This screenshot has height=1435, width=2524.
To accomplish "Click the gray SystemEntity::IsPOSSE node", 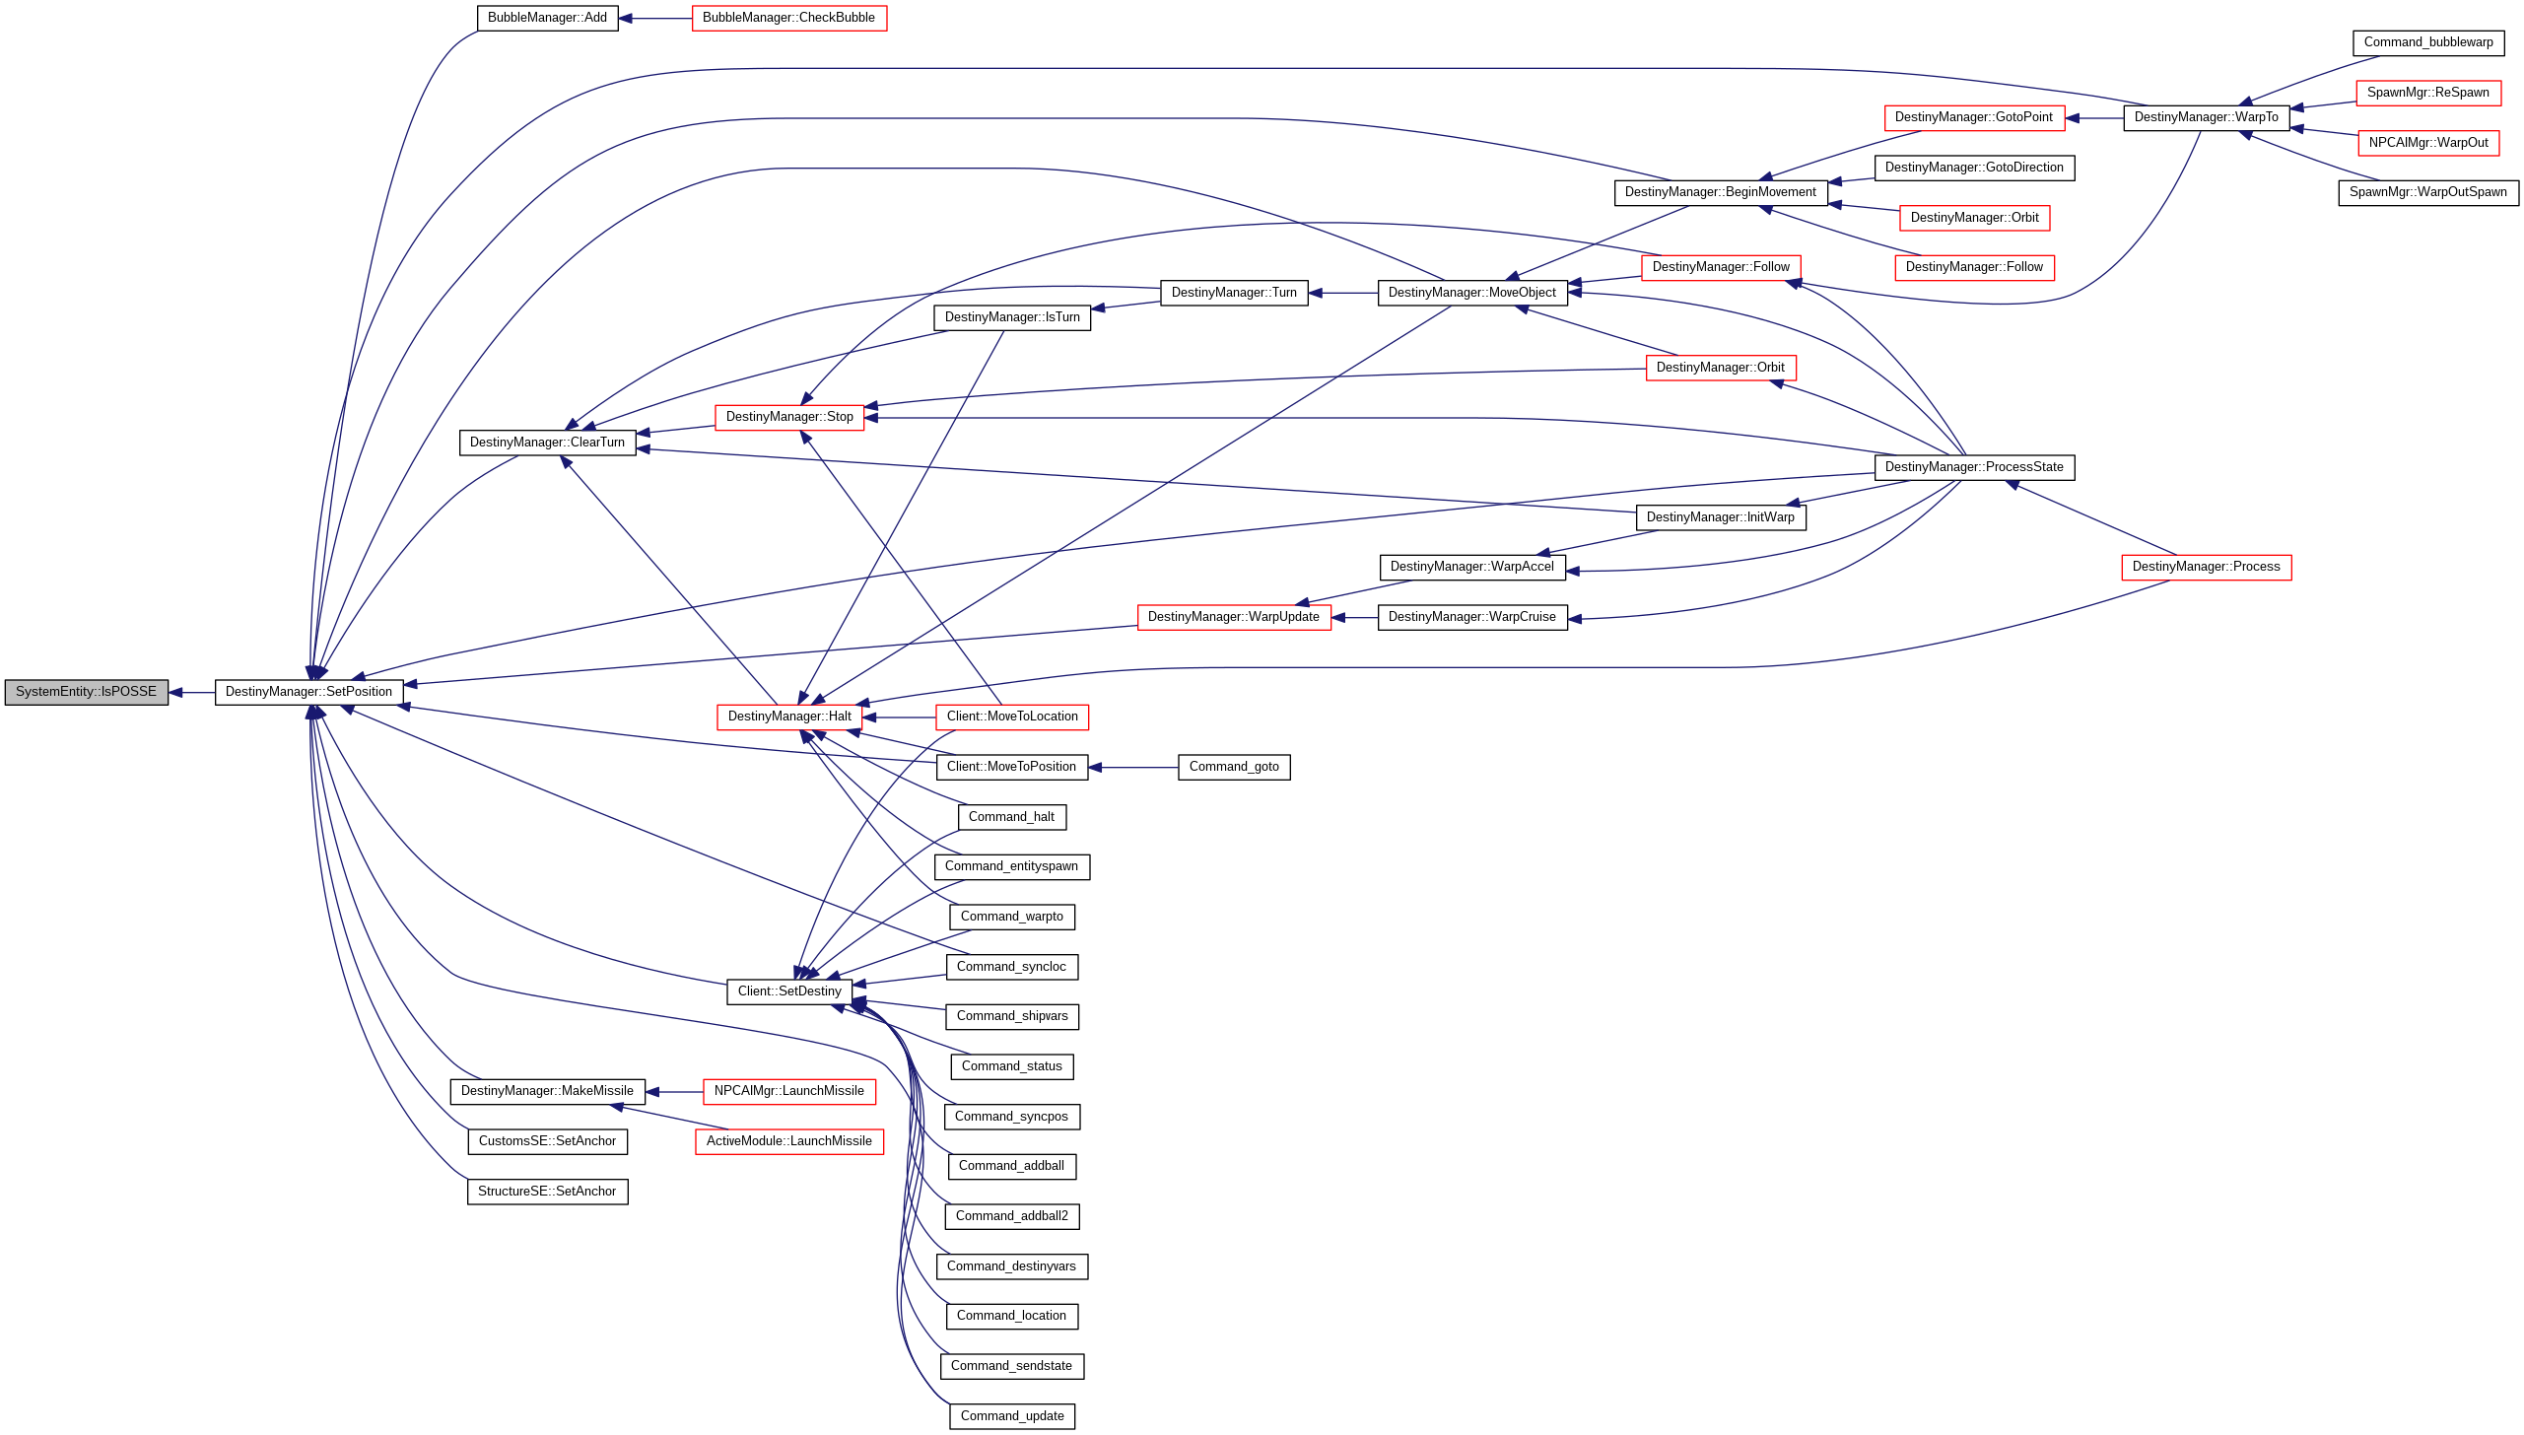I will (87, 692).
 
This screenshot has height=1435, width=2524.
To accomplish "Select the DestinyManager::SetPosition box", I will (308, 692).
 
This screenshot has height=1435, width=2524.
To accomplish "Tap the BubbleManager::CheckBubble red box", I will (788, 18).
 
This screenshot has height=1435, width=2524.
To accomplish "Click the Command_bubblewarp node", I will (2427, 42).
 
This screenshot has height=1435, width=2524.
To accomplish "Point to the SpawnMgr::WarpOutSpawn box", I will (2427, 192).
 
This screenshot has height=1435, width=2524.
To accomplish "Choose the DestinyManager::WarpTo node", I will (2206, 117).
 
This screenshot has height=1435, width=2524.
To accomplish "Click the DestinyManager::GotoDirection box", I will (1973, 168).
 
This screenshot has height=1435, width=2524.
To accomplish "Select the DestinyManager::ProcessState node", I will (1973, 467).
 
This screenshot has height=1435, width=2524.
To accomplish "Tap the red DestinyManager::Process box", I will (2206, 567).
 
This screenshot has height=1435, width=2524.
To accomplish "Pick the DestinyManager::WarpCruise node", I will (1471, 617).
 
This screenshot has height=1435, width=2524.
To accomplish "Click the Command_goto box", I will (1234, 767).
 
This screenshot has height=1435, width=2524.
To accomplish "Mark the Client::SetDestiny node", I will (789, 991).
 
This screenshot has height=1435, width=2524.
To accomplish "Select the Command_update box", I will (1012, 1416).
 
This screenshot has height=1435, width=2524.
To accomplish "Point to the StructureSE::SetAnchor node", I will (547, 1192).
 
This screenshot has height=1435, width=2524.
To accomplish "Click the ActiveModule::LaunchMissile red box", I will (788, 1141).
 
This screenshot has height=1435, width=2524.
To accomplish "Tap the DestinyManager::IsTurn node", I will (1012, 317).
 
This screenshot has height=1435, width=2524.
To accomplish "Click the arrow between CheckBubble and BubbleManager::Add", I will (655, 19).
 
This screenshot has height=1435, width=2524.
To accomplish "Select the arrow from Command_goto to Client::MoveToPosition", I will (1133, 768).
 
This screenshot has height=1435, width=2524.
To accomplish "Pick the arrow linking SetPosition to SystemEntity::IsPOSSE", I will (192, 693).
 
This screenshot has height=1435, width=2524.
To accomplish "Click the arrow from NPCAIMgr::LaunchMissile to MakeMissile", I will (674, 1092).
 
